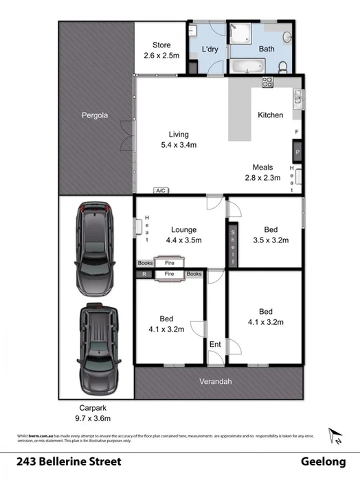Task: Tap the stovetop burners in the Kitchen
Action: point(266,82)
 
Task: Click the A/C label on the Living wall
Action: point(161,190)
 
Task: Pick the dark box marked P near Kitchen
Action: point(297,152)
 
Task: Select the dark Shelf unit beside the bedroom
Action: point(232,242)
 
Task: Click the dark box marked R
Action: point(144,275)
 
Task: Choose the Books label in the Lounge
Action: point(145,262)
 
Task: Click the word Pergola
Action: point(95,115)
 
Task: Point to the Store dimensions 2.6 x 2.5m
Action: point(162,55)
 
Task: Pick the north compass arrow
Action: point(336,436)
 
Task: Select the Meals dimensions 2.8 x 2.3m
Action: point(263,178)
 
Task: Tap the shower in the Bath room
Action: point(243,35)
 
